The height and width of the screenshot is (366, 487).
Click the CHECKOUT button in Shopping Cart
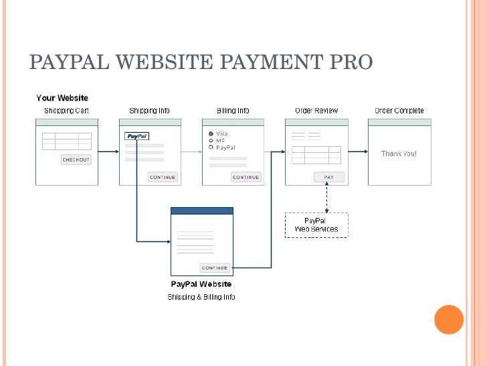(76, 160)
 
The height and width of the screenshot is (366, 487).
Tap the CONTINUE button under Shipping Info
(163, 177)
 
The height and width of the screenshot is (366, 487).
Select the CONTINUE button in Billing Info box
(246, 177)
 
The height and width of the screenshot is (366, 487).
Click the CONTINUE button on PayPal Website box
(215, 267)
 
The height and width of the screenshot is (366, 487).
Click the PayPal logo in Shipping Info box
(136, 136)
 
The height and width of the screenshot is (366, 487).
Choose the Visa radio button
(211, 133)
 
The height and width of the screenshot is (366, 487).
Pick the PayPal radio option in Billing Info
(211, 147)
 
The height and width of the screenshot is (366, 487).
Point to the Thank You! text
(399, 154)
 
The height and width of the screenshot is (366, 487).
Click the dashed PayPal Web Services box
(316, 225)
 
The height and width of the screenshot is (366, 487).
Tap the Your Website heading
(62, 99)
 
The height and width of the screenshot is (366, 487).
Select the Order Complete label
(399, 111)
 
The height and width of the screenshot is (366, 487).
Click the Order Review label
(316, 111)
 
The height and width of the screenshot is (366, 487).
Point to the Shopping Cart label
(66, 111)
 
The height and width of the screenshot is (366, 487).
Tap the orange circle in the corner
(449, 320)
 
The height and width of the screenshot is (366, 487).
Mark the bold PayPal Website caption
(201, 284)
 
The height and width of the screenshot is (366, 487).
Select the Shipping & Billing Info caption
(201, 297)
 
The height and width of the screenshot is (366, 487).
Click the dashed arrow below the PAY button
(327, 198)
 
